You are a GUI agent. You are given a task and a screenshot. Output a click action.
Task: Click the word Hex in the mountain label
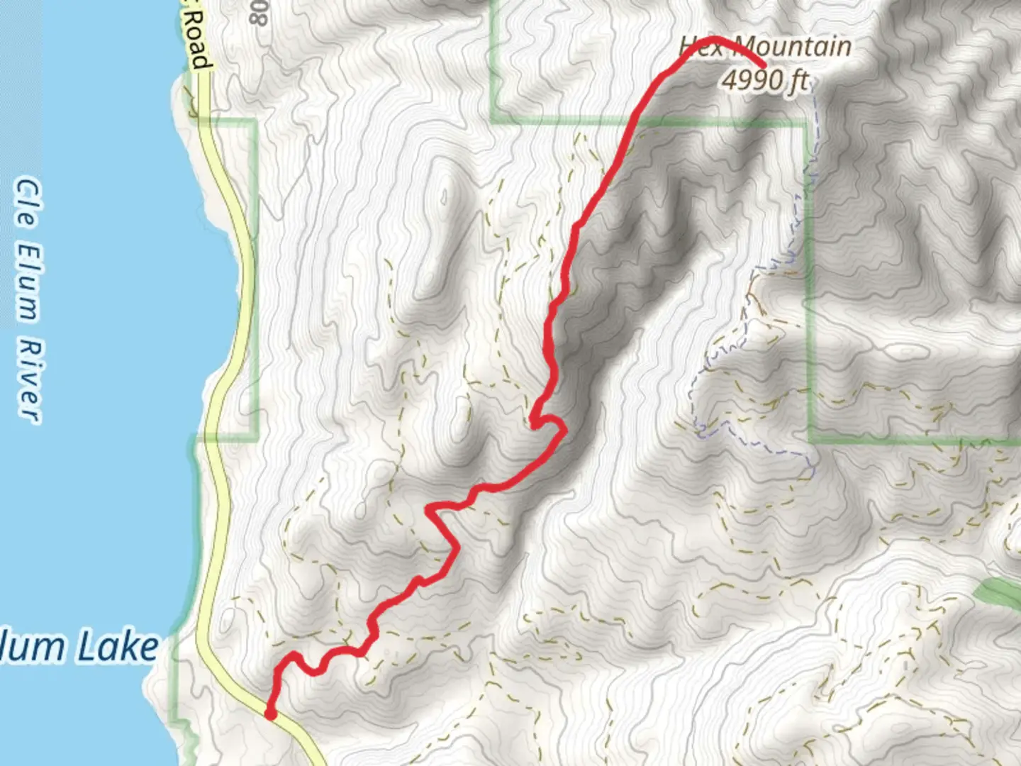(702, 46)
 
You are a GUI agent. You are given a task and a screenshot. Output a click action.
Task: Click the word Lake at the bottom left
(116, 647)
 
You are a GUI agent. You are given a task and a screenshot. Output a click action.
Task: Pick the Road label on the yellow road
(200, 44)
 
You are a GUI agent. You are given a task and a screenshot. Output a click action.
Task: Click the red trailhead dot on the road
(270, 714)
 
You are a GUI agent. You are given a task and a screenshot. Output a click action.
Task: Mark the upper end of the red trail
(763, 67)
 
